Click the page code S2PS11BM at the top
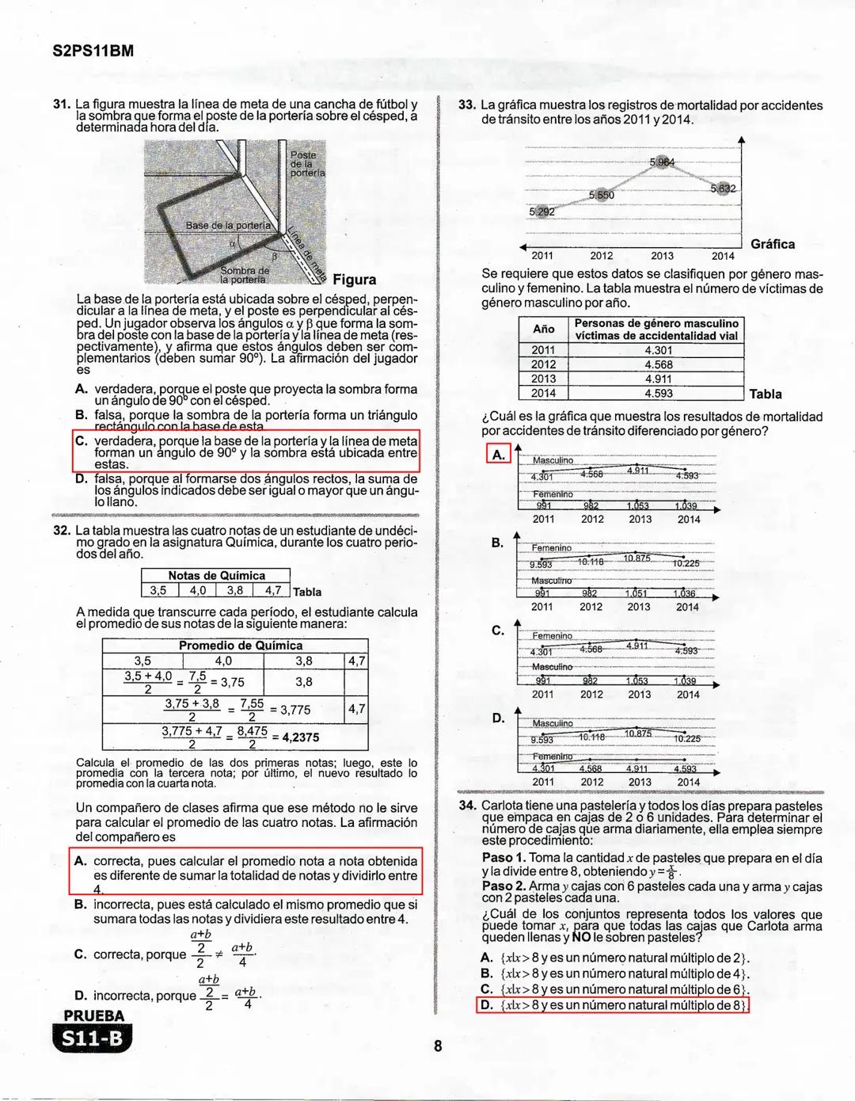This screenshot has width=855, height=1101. pyautogui.click(x=93, y=51)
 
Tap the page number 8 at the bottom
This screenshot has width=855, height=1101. pyautogui.click(x=438, y=1046)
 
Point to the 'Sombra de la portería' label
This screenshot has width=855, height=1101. pyautogui.click(x=244, y=275)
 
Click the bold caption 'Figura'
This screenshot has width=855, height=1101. pyautogui.click(x=355, y=280)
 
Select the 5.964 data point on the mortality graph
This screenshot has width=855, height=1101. pyautogui.click(x=662, y=162)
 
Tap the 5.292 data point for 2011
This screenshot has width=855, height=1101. pyautogui.click(x=541, y=211)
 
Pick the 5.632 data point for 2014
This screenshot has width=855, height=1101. pyautogui.click(x=723, y=189)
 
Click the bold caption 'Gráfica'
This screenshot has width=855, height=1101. pyautogui.click(x=772, y=244)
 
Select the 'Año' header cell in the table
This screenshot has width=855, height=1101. pyautogui.click(x=543, y=329)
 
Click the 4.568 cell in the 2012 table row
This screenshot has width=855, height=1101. pyautogui.click(x=658, y=364)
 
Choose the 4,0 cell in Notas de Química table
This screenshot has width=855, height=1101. pyautogui.click(x=197, y=590)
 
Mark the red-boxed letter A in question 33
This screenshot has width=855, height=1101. pyautogui.click(x=498, y=455)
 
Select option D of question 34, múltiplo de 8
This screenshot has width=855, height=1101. pyautogui.click(x=613, y=1005)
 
